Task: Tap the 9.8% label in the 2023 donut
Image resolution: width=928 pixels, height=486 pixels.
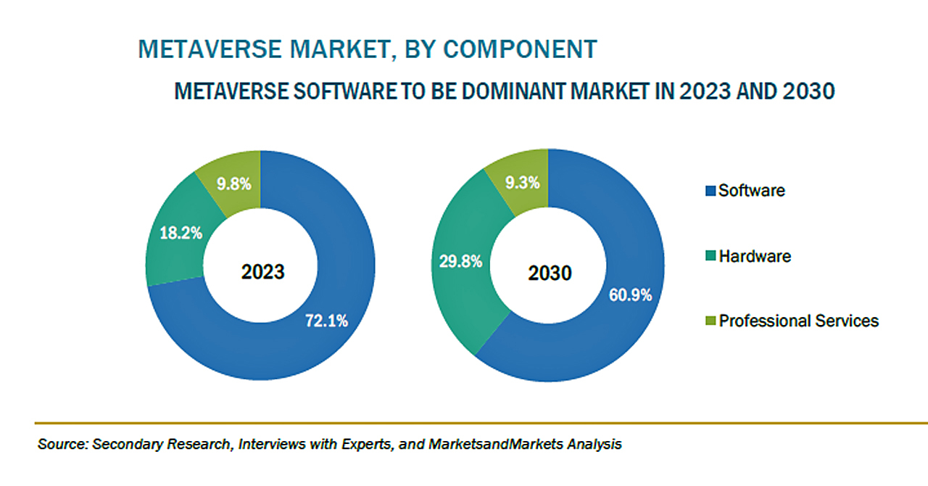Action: (233, 184)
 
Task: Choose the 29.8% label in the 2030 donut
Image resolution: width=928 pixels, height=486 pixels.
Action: (460, 262)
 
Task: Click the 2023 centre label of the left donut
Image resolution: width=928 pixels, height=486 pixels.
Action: (263, 273)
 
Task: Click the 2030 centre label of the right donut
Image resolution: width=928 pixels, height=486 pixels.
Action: (550, 273)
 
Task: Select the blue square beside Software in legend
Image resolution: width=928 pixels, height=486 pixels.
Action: (710, 191)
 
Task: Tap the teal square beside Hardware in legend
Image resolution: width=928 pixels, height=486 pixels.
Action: (710, 257)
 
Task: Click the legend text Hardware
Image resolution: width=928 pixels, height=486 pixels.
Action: (755, 256)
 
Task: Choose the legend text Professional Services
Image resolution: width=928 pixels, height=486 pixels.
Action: (798, 321)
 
